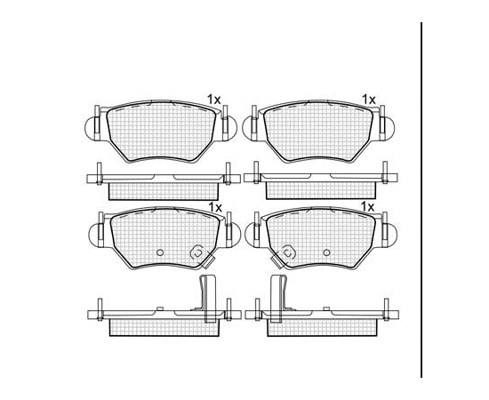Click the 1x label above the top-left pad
214,100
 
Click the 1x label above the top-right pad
368,100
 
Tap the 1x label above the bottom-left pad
215,207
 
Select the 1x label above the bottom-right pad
367,206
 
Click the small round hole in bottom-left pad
160,252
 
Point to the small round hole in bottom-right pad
326,252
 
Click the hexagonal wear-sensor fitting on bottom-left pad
197,252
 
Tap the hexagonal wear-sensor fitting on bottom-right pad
288,252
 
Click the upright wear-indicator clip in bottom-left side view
207,299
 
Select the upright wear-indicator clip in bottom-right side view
278,299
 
